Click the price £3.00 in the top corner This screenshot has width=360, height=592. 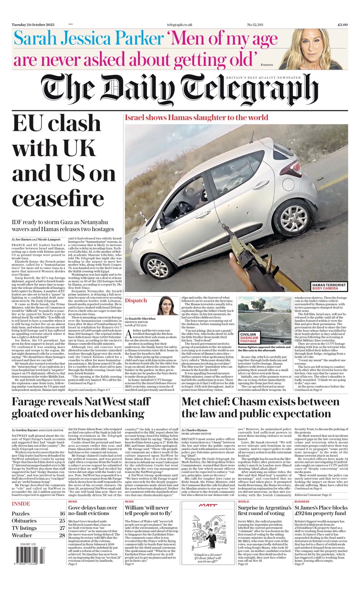[342, 25]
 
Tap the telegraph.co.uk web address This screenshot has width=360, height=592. [179, 25]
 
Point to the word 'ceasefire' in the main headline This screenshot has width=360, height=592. [58, 199]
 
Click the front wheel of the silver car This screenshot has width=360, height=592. [158, 266]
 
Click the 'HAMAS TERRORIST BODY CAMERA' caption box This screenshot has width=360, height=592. [329, 286]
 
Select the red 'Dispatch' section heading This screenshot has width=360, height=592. [136, 300]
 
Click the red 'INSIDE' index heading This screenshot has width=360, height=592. [21, 504]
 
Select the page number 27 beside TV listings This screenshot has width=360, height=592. [62, 528]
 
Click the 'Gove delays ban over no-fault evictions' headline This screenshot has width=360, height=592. [93, 510]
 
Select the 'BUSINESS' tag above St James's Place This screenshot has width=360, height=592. [302, 502]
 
